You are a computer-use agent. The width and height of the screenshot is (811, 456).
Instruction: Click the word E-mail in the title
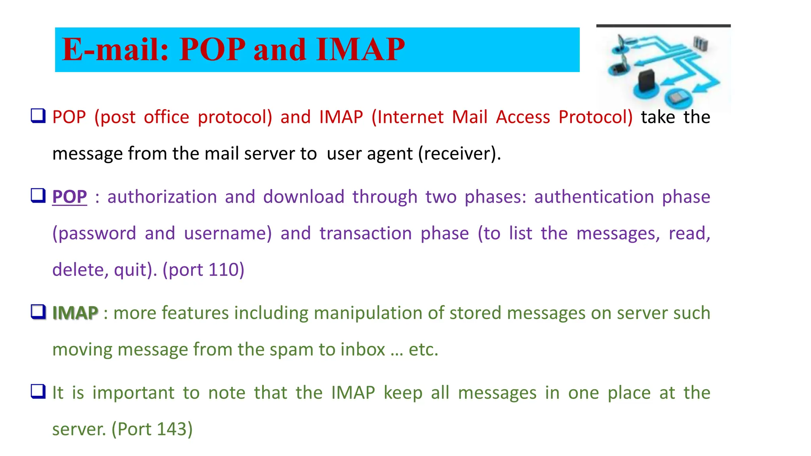point(115,50)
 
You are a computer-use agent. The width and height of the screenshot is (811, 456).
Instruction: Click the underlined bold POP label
point(69,197)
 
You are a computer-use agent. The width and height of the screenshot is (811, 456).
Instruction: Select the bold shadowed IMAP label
point(75,313)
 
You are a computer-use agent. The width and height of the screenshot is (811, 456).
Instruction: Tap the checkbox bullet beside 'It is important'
point(38,391)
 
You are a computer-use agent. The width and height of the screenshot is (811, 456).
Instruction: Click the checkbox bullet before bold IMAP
point(38,312)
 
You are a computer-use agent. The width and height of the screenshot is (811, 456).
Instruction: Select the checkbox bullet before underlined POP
point(38,196)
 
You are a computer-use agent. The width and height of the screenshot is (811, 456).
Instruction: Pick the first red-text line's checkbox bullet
point(38,116)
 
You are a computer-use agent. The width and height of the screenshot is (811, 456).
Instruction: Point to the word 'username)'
point(228,234)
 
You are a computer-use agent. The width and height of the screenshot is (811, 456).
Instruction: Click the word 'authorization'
point(162,197)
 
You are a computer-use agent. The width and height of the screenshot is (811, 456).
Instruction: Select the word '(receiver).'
point(460,154)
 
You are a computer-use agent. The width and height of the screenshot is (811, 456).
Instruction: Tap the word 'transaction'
point(366,234)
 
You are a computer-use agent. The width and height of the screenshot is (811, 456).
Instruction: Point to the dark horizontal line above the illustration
point(663,26)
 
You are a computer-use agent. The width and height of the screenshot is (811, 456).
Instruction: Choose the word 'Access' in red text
point(523,117)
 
